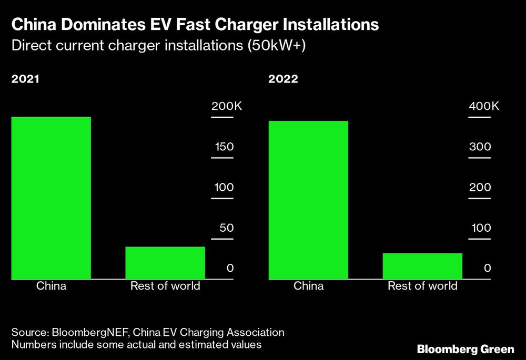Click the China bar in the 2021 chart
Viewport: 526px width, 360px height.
pos(51,198)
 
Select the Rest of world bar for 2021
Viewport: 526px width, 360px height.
pos(165,262)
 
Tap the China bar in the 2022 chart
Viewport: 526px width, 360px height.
pos(308,200)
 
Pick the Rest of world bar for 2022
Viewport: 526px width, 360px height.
pos(422,265)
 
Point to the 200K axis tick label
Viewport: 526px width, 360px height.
pos(226,106)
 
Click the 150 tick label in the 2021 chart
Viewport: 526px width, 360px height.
pos(224,147)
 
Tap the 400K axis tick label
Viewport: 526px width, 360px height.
pos(484,106)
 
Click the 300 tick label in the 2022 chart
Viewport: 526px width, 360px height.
pos(480,147)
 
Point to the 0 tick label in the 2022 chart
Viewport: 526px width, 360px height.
pos(487,268)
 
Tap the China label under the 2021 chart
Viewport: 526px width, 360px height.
pos(51,286)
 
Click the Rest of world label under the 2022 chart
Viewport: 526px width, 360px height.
pos(422,286)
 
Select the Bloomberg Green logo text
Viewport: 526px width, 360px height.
pos(465,349)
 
